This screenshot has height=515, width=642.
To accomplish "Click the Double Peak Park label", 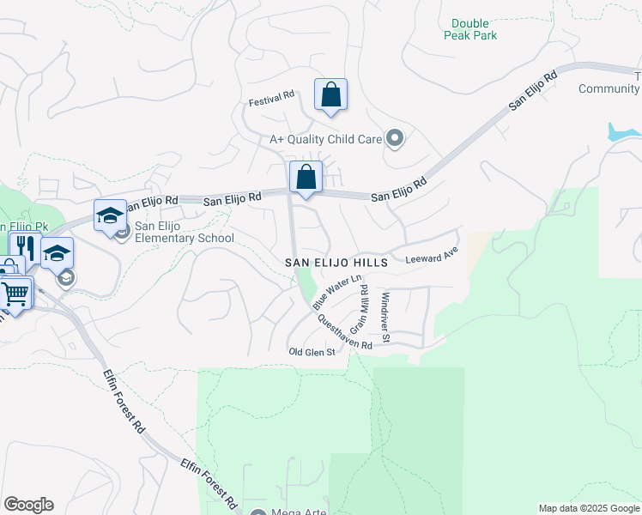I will pos(470,29).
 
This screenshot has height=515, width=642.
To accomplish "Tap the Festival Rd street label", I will pos(271,100).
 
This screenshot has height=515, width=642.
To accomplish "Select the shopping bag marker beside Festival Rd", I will pos(330,96).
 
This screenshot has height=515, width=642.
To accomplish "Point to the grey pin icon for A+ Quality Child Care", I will pos(395,137).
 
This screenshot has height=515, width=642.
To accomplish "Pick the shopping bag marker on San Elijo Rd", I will pos(306,179).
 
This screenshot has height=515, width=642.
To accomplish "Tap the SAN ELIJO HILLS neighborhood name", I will pos(336,262).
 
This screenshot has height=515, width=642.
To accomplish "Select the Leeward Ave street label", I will pos(433,257).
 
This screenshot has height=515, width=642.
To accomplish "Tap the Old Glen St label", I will pos(311,352).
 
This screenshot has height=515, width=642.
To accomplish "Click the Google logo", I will pos(28,505).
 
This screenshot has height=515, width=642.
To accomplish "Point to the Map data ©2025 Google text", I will pos(589,508).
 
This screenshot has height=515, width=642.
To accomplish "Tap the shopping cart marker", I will pos(15,294).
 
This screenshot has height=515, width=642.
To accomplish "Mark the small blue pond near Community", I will pos(622,132).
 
